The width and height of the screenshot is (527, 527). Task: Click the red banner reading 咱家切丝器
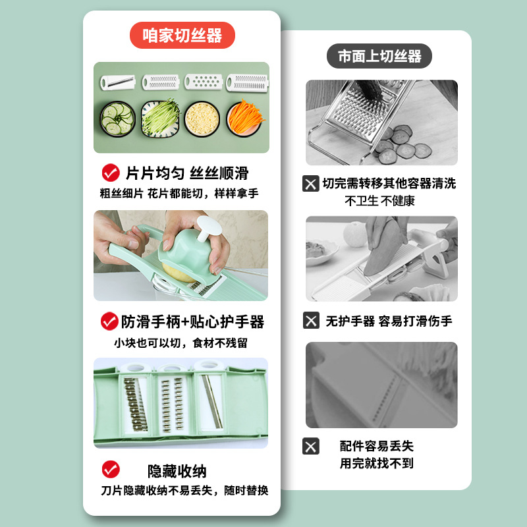pos(182,36)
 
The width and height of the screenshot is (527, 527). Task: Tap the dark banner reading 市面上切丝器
pos(379,56)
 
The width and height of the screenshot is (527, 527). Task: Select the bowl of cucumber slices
pos(118,119)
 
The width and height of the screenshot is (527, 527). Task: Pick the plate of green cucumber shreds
pos(160,119)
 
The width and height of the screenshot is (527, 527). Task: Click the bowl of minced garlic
pos(202,119)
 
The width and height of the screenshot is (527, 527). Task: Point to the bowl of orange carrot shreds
pos(245,119)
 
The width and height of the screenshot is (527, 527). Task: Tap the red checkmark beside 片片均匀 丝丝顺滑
pos(111,173)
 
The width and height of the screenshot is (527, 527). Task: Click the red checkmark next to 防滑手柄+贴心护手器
pos(109,321)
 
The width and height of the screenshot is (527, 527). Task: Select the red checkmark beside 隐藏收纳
pos(111,469)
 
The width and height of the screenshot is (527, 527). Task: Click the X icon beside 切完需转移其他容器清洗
pos(310,184)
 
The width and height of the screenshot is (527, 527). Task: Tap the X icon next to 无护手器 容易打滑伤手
pos(311,320)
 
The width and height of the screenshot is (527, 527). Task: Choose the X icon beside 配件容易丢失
pos(310,446)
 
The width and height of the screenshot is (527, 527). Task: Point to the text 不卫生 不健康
pos(380,201)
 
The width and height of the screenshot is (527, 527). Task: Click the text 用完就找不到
pos(376,464)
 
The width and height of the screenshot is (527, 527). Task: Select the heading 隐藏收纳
pos(177,471)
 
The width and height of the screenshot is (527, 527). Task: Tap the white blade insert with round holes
pos(204,82)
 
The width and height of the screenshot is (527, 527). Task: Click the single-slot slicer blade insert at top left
pos(118,82)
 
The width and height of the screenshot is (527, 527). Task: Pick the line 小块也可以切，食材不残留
pos(180,343)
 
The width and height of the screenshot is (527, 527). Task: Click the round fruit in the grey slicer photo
pos(355,234)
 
